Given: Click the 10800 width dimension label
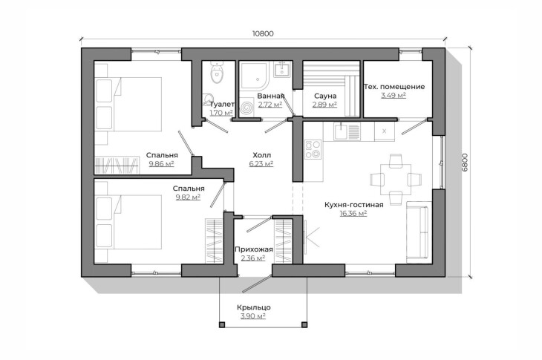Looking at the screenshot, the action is tap(263, 33).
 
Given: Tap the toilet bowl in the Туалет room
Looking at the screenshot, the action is tap(217, 73).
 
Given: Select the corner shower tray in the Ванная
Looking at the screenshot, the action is tap(255, 75).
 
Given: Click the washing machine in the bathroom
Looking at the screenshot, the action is tap(247, 107).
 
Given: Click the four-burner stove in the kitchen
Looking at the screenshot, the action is tap(313, 149).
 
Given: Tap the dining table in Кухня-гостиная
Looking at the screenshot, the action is tap(396, 180).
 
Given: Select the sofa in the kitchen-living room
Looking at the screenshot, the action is tap(419, 232).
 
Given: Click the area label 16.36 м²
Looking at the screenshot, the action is tap(353, 214).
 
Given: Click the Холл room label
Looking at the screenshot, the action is tap(261, 155).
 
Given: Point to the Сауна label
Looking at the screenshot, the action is tap(325, 96).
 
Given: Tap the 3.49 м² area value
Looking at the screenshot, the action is tap(394, 95).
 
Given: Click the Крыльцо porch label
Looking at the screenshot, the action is tap(254, 307).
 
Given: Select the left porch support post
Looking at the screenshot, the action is tap(222, 325).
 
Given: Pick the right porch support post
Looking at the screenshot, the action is tap(304, 325).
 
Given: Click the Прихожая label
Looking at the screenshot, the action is tap(254, 249).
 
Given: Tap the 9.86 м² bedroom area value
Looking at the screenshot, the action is tap(161, 164).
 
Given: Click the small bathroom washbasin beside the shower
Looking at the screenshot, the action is tap(282, 69).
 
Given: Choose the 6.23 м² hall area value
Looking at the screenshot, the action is tap(261, 164).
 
